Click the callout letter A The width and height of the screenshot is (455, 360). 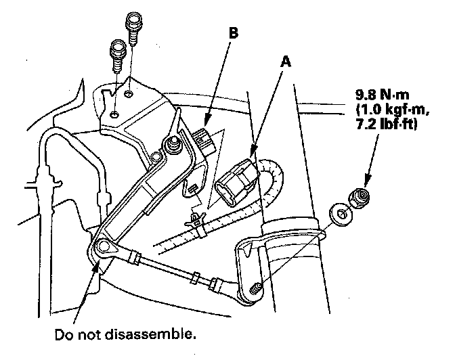[x=287, y=61]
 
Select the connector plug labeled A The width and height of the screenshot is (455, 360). [x=237, y=181]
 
